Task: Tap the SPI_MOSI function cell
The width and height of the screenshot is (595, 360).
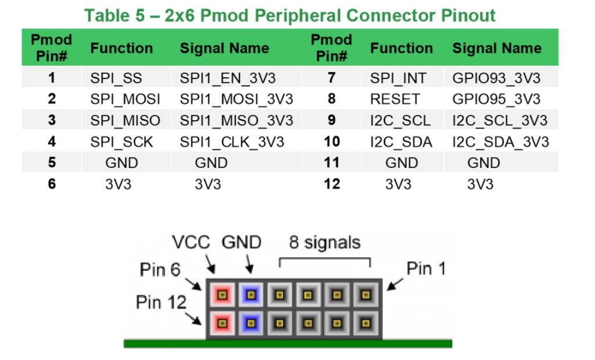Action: pos(125,99)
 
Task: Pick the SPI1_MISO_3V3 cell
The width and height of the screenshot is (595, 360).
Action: pos(236,120)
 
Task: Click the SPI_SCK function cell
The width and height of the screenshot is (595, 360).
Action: pos(121,142)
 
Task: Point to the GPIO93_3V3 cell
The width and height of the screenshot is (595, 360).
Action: pos(496,78)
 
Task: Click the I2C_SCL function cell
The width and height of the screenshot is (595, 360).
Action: pos(400,120)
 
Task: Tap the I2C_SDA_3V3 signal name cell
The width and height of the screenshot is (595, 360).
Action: pos(500,142)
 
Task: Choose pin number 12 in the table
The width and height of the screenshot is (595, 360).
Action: pos(331,184)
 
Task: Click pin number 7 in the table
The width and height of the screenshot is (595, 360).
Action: pos(331,78)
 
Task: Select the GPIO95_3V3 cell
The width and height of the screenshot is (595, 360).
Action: pos(496,99)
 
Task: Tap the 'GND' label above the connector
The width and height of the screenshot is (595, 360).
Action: pos(241,242)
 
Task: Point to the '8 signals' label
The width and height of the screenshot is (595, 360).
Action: pos(324,242)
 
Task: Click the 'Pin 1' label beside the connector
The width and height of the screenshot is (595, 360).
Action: pos(427,269)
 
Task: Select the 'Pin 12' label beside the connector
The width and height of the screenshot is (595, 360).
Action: pos(162,303)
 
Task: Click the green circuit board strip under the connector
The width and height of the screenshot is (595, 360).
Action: pos(288,344)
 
